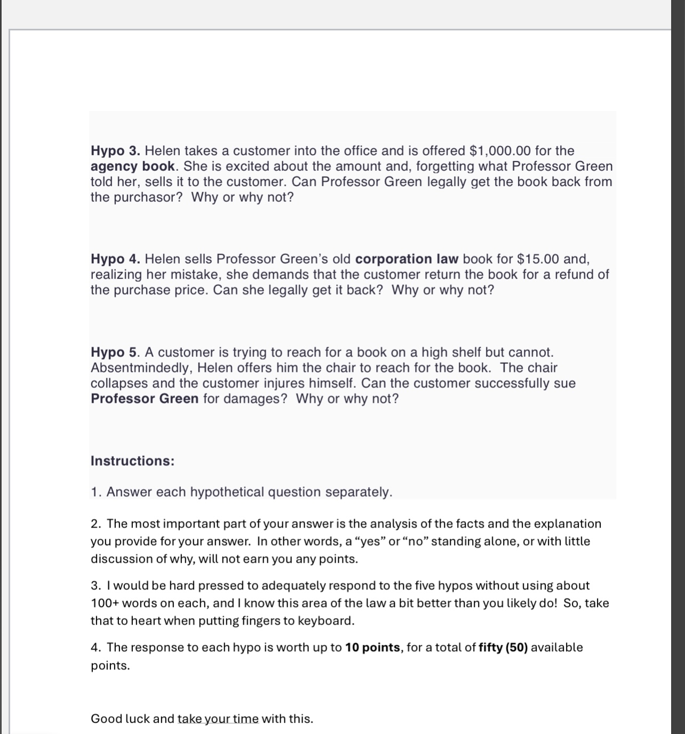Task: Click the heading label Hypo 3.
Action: point(115,151)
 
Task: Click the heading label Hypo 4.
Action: point(115,259)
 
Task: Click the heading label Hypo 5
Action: point(115,353)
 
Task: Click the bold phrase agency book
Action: point(133,166)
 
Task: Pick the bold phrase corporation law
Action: point(407,259)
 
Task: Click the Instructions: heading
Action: point(132,461)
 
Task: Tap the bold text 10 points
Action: point(372,648)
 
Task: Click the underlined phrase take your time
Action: point(218,719)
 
